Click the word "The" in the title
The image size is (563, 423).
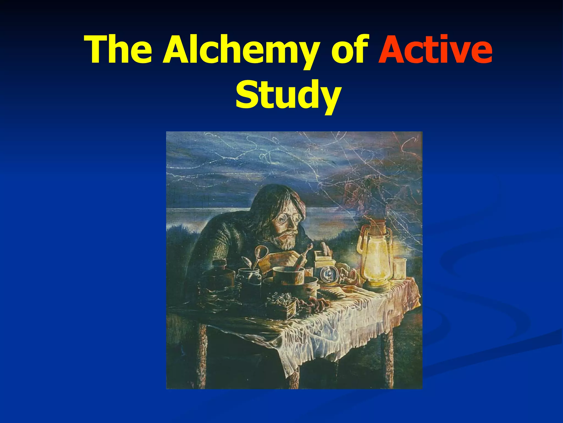[x=119, y=50]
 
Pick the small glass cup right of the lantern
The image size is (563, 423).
[x=400, y=269]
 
